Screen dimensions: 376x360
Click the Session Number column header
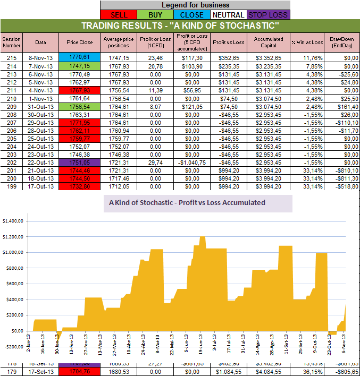pyautogui.click(x=11, y=42)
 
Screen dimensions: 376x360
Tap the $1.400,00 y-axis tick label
pyautogui.click(x=12, y=220)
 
